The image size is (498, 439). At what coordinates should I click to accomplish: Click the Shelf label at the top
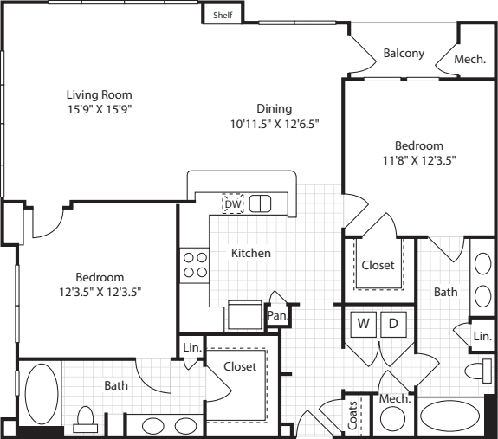pyautogui.click(x=223, y=15)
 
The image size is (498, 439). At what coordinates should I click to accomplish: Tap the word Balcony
pyautogui.click(x=404, y=53)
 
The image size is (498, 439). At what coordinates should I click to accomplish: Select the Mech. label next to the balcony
pyautogui.click(x=470, y=60)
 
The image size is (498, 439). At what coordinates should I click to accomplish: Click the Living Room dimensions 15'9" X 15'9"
pyautogui.click(x=100, y=109)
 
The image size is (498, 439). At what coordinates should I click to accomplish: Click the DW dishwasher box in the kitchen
pyautogui.click(x=232, y=203)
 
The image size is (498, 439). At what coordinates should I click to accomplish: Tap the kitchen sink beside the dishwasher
pyautogui.click(x=261, y=203)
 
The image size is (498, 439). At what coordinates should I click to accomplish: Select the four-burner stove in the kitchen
pyautogui.click(x=194, y=264)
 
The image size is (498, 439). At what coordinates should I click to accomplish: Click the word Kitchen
pyautogui.click(x=251, y=253)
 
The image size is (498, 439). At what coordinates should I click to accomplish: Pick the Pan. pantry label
pyautogui.click(x=277, y=317)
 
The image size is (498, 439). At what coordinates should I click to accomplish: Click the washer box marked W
pyautogui.click(x=364, y=324)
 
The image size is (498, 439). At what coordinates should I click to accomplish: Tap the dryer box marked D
pyautogui.click(x=392, y=324)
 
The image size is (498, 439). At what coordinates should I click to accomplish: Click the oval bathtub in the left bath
pyautogui.click(x=41, y=394)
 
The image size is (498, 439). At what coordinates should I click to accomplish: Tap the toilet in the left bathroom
pyautogui.click(x=86, y=420)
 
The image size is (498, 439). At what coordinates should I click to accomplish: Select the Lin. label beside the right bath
pyautogui.click(x=482, y=335)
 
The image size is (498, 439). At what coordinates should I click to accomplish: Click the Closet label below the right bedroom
pyautogui.click(x=378, y=265)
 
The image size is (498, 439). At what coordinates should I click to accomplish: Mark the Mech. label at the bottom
pyautogui.click(x=394, y=398)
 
